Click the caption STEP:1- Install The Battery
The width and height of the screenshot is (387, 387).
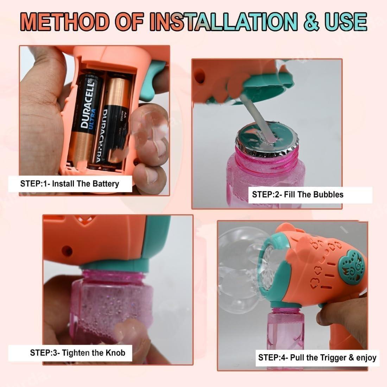point(69,183)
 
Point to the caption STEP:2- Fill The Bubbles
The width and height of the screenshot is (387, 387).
point(297,194)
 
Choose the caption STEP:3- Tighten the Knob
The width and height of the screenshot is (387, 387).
point(77,352)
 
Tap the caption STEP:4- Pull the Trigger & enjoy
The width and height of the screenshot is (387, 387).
point(317,358)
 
